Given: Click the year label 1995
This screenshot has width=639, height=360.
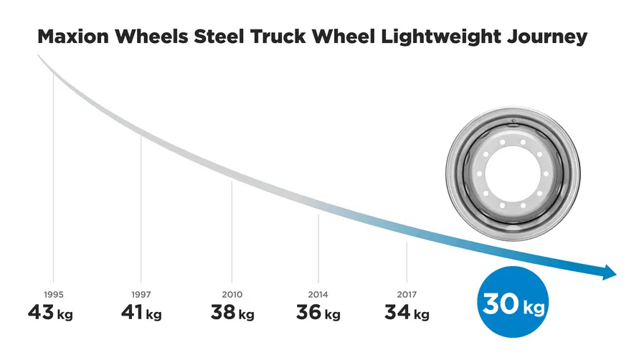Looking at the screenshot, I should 53,295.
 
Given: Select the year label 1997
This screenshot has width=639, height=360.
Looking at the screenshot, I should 141,295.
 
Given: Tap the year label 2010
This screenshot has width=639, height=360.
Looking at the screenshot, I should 232,295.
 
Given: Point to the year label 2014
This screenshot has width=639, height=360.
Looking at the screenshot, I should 318,295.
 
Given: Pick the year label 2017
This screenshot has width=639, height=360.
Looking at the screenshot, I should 407,295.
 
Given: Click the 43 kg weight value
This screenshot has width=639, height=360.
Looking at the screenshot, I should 50,313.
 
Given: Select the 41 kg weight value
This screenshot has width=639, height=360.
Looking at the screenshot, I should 141,313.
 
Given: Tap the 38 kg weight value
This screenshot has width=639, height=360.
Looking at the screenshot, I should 232,313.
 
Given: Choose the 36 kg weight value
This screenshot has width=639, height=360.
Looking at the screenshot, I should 318,313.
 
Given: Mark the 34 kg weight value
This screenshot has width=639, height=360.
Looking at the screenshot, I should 407,313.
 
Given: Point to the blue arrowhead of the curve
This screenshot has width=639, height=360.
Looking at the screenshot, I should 609,272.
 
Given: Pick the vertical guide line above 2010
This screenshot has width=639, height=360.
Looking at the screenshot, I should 232,229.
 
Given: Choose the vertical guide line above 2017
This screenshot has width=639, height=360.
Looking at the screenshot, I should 407,262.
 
